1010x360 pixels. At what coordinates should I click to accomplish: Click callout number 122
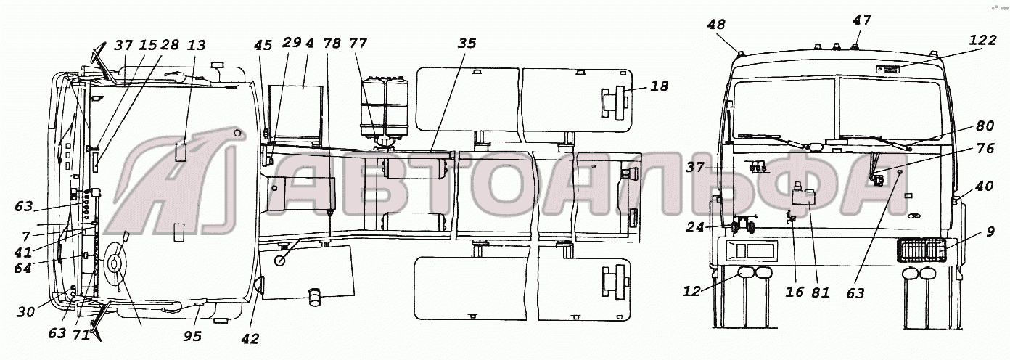pyautogui.click(x=982, y=41)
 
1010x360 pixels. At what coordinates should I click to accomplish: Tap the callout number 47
pyautogui.click(x=862, y=20)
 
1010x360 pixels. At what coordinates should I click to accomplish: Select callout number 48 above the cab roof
pyautogui.click(x=716, y=25)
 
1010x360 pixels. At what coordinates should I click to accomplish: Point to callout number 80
pyautogui.click(x=985, y=126)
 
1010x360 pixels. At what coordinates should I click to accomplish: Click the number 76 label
pyautogui.click(x=985, y=148)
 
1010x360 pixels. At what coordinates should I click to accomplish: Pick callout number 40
pyautogui.click(x=984, y=187)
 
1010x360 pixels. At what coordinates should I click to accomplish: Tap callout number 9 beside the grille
pyautogui.click(x=990, y=232)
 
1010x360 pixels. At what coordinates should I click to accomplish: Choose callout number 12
pyautogui.click(x=691, y=292)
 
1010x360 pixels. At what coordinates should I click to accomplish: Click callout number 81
pyautogui.click(x=821, y=292)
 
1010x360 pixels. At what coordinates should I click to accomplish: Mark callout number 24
pyautogui.click(x=695, y=227)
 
